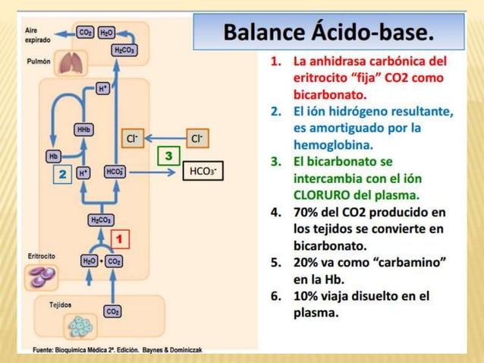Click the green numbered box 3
point(168,156)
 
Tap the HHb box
point(83,129)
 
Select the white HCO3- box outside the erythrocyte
point(203,172)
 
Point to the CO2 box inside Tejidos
point(112,311)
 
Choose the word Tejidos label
point(61,305)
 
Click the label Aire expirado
point(37,33)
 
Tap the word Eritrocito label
point(41,257)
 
